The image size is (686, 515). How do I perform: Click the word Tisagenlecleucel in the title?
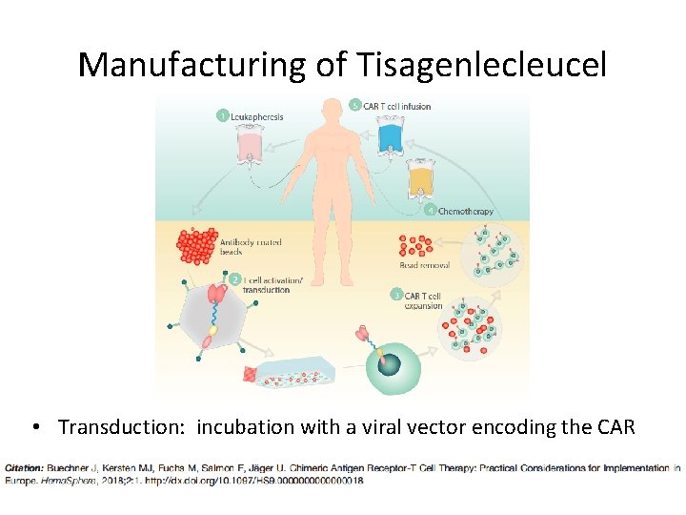[x=482, y=65]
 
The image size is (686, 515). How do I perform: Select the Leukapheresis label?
[x=257, y=116]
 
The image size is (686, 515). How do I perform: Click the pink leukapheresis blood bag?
[x=250, y=149]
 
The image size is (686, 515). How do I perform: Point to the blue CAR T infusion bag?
[x=391, y=135]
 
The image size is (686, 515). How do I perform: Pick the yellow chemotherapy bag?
[x=419, y=179]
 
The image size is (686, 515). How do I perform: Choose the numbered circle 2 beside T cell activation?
[x=234, y=279]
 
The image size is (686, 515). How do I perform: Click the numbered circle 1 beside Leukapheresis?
[x=222, y=116]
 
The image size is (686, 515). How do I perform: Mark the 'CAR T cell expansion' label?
[x=423, y=301]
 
